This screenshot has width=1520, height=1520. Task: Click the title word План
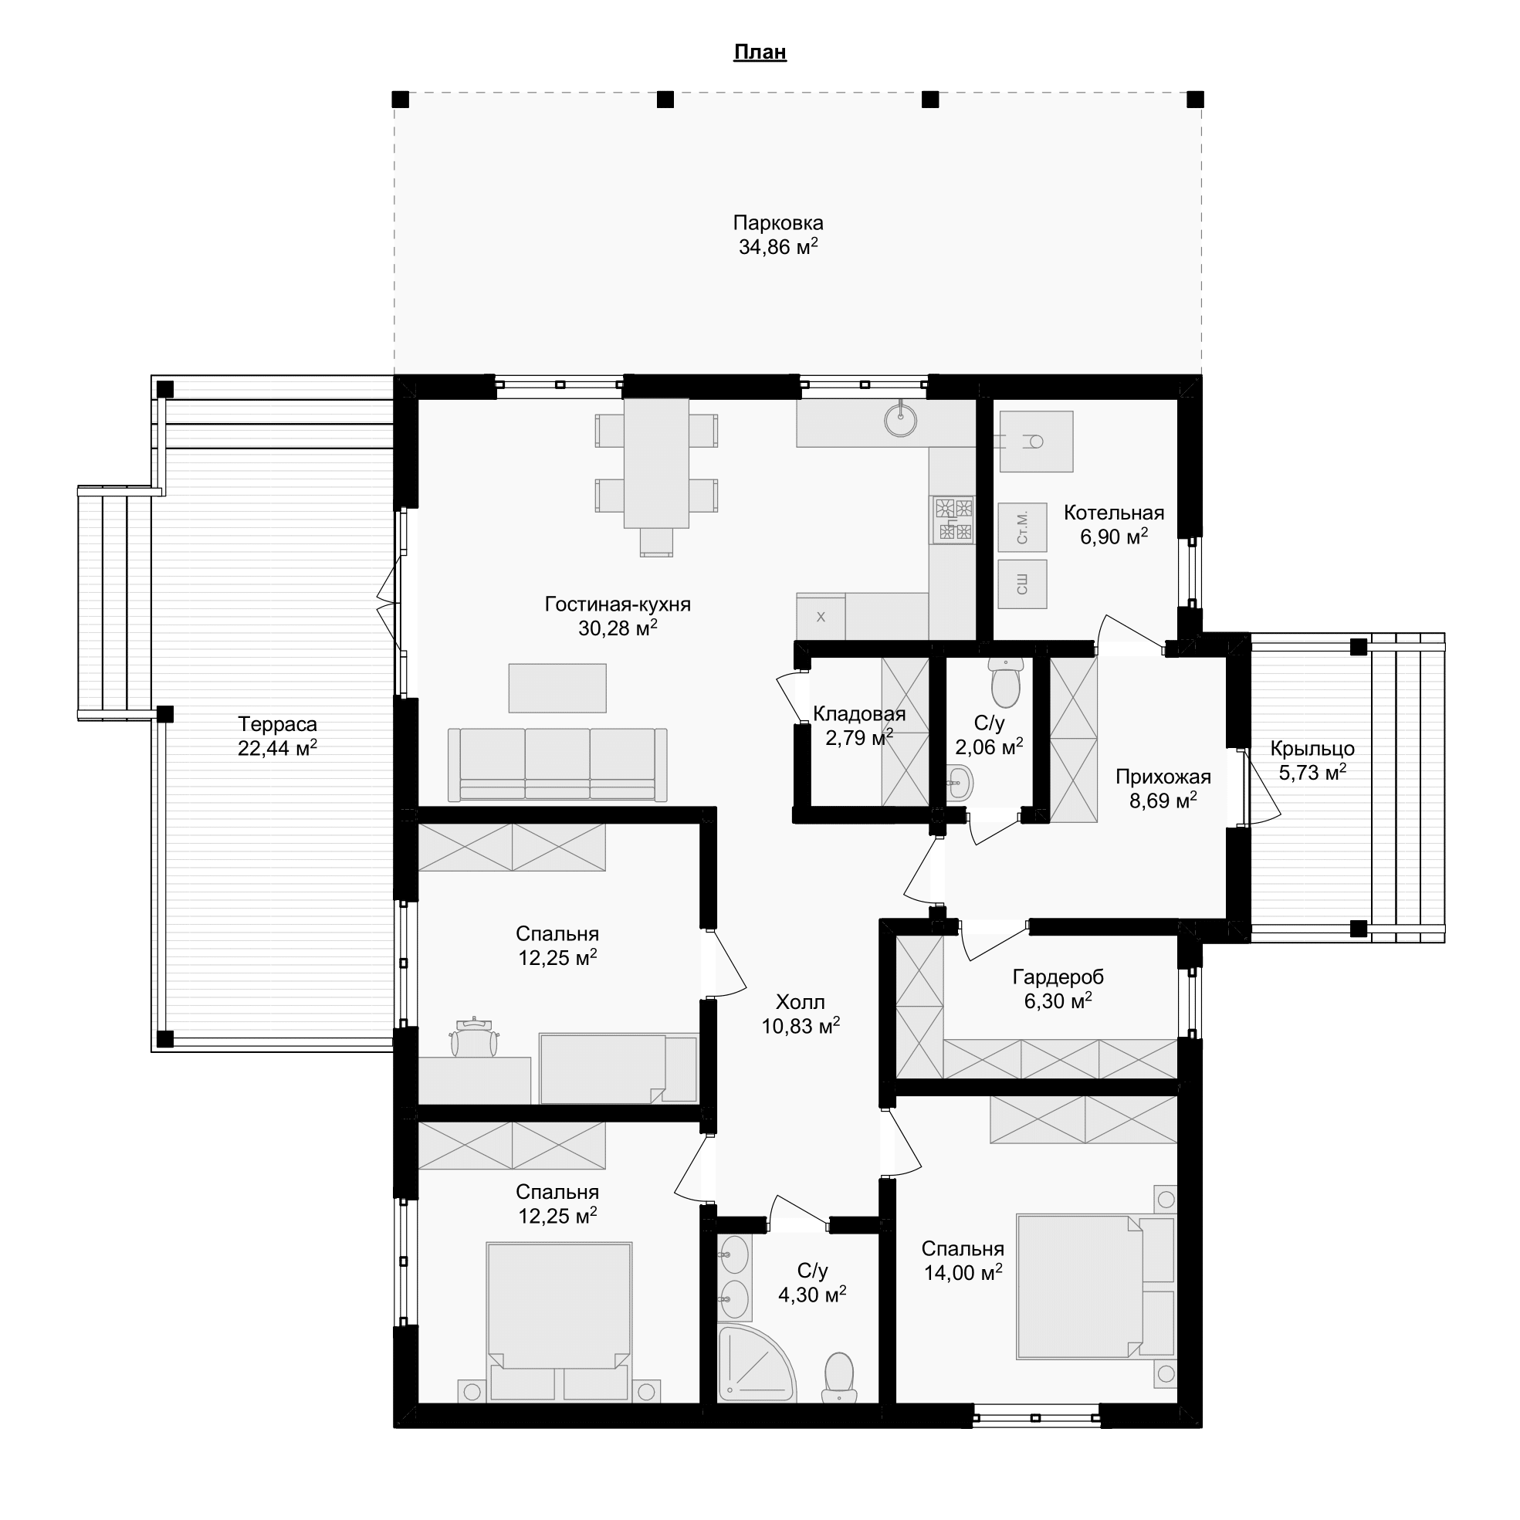[760, 52]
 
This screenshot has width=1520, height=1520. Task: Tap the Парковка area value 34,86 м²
[778, 247]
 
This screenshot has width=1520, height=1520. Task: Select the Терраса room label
[278, 724]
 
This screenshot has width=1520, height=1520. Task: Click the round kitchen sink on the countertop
[901, 421]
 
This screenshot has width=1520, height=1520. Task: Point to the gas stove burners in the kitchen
[953, 520]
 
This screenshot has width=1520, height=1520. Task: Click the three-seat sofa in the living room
[558, 765]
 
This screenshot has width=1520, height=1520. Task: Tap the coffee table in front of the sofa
[557, 688]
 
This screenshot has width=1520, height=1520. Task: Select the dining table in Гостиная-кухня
[656, 463]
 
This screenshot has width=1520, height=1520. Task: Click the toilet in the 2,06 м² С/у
[1005, 684]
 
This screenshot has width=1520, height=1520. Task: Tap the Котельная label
[1114, 513]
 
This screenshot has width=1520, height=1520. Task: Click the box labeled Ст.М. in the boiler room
[1022, 527]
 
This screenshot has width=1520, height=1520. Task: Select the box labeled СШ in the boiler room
[1022, 584]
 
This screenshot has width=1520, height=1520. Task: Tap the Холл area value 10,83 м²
[800, 1026]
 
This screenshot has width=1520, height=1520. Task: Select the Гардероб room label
[1058, 977]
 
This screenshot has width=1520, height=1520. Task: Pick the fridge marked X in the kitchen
[821, 617]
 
